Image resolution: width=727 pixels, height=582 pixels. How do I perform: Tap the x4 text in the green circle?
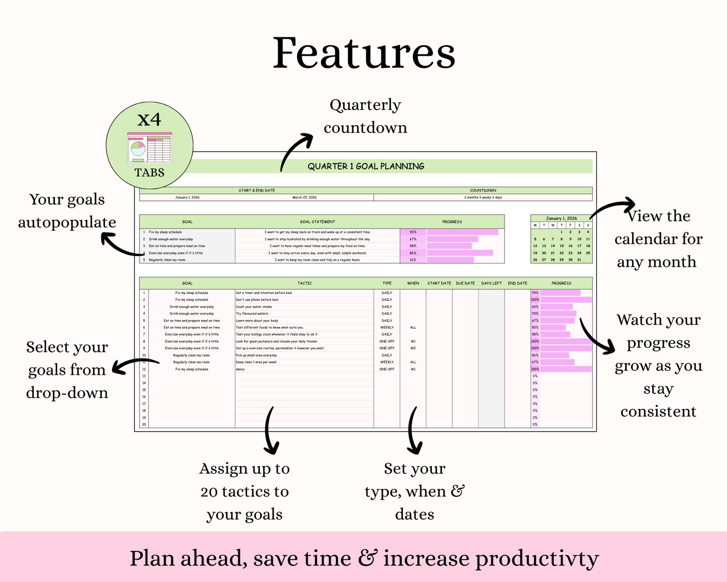click(x=149, y=119)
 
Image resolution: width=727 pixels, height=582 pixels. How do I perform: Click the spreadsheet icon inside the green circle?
click(x=149, y=147)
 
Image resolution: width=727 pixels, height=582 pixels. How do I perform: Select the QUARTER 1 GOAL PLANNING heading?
click(x=366, y=166)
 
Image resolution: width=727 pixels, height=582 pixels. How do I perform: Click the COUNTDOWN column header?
click(x=483, y=191)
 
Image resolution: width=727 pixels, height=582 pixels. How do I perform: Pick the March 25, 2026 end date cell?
click(x=304, y=197)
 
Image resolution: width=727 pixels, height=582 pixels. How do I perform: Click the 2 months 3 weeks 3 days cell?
click(x=483, y=197)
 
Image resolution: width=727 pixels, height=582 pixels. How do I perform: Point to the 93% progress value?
click(x=413, y=232)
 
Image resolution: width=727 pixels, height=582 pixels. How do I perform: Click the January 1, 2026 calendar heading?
click(x=561, y=218)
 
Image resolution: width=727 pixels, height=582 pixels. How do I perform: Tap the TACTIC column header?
click(x=304, y=283)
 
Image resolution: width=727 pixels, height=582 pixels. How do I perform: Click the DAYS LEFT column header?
click(x=491, y=283)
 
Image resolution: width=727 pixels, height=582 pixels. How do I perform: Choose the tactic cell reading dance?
click(x=240, y=369)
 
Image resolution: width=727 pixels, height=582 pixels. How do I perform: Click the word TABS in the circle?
click(x=149, y=173)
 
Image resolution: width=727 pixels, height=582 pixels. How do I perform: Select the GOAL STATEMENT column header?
click(x=317, y=222)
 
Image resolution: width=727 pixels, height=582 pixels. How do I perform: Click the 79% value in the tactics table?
click(x=535, y=293)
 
